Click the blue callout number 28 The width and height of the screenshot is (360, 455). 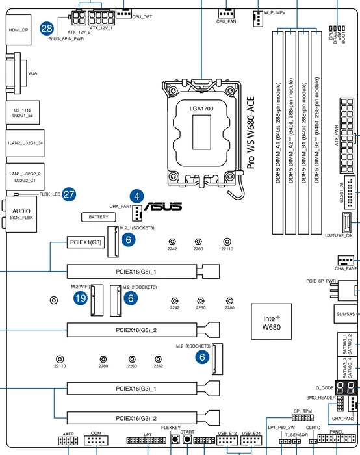click(x=47, y=29)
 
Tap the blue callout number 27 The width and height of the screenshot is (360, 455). click(x=69, y=194)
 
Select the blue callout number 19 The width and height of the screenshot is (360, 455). click(x=81, y=298)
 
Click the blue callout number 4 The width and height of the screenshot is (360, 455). click(x=136, y=196)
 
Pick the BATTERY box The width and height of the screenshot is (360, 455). click(x=99, y=217)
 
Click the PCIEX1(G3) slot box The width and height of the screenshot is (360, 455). click(x=86, y=242)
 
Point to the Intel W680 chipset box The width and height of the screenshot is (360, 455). click(x=271, y=322)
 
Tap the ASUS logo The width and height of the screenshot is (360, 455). click(x=163, y=206)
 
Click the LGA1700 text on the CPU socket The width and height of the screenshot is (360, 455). click(x=201, y=109)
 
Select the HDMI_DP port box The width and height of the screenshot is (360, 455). click(x=19, y=30)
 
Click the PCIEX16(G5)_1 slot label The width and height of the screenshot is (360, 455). click(x=136, y=272)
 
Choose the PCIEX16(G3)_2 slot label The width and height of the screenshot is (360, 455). click(x=136, y=418)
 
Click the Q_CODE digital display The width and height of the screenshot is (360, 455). click(x=346, y=387)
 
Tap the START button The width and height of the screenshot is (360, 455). click(x=187, y=439)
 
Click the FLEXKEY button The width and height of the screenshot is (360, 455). click(x=175, y=439)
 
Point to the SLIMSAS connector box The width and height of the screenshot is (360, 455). click(x=346, y=314)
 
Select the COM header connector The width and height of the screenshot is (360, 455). click(x=96, y=441)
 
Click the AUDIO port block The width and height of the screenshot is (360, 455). click(x=21, y=214)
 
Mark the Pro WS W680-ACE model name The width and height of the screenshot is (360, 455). click(x=251, y=133)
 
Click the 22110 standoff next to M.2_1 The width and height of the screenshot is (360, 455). click(x=227, y=241)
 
